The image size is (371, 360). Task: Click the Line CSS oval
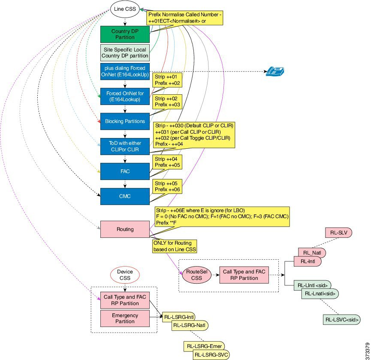coord(124,8)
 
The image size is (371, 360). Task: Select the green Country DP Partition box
coord(125,34)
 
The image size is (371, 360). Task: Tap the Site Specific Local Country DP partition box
coord(125,52)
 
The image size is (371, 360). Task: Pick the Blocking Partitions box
coord(125,121)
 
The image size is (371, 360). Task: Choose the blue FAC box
coord(125,171)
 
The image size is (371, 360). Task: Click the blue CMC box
coord(125,196)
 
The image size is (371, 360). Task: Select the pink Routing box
coord(125,229)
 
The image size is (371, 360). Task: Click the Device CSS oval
coord(125,275)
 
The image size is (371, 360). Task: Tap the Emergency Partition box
coord(125,318)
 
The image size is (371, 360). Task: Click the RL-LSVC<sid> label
coord(342,320)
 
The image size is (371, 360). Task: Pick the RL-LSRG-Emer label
coord(205,346)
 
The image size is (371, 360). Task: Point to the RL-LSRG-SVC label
coord(211,354)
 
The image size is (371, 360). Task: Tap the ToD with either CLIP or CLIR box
coord(125,146)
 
